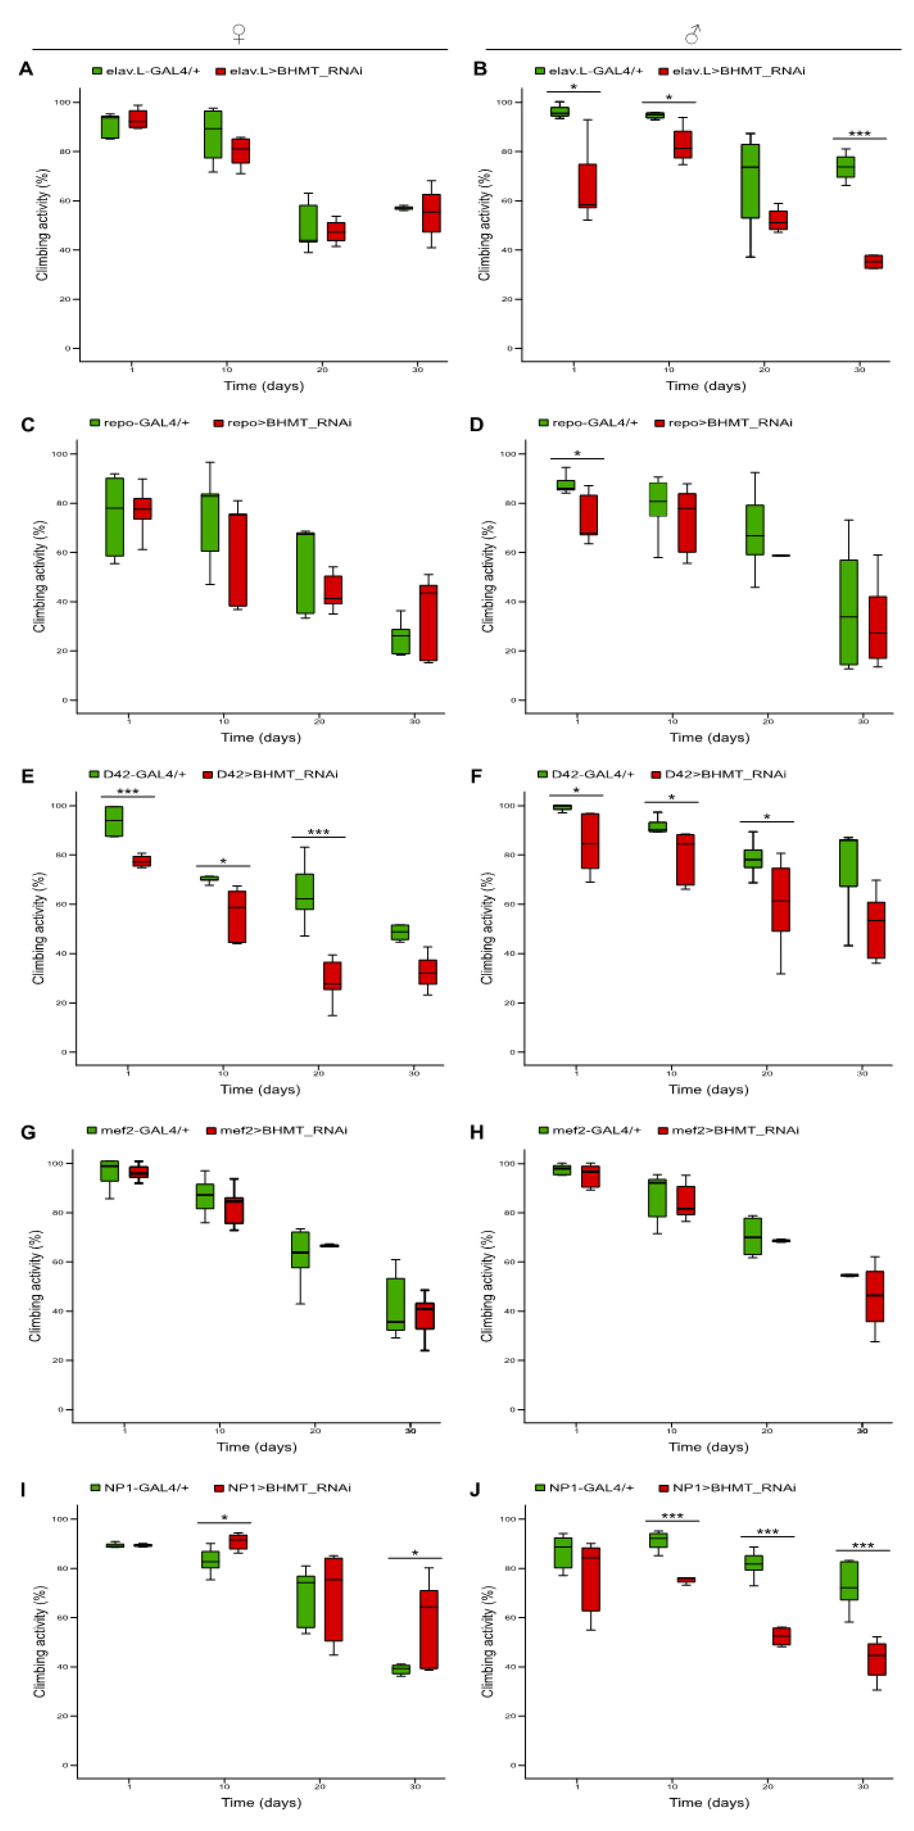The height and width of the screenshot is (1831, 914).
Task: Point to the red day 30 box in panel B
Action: pos(873,261)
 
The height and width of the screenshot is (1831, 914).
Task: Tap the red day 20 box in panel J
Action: pos(782,1635)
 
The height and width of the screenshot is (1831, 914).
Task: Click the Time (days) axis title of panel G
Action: pos(257,1447)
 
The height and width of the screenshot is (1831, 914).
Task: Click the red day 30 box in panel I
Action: pos(429,1629)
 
